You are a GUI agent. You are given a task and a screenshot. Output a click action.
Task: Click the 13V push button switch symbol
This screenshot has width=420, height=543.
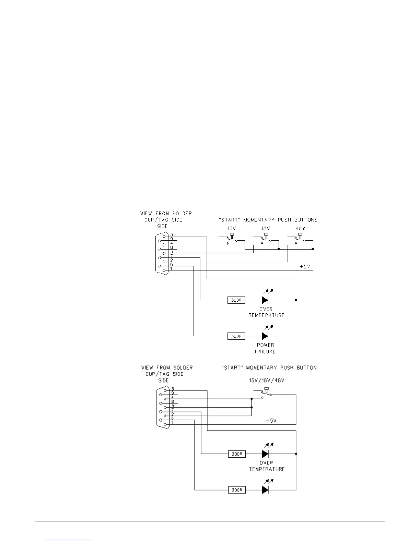pos(232,239)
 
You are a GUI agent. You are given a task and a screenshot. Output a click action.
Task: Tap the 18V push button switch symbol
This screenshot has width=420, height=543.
pos(266,239)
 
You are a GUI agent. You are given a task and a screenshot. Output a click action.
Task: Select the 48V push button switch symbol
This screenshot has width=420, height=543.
pos(300,239)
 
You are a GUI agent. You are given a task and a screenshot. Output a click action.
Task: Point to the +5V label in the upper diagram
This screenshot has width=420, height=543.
pos(305,266)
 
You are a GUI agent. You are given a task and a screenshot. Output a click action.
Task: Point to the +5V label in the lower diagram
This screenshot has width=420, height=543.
pos(271,420)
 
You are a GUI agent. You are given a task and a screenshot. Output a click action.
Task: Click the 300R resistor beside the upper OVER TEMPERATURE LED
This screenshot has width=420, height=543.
pos(236,300)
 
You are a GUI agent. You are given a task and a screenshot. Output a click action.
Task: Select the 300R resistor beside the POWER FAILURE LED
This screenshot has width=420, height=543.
pos(236,336)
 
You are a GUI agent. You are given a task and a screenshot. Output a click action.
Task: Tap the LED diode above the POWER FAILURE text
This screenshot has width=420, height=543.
pos(265,336)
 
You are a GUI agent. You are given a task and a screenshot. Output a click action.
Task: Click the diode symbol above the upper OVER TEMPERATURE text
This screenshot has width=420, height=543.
pos(265,300)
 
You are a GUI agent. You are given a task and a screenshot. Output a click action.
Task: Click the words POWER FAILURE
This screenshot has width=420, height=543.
pos(265,348)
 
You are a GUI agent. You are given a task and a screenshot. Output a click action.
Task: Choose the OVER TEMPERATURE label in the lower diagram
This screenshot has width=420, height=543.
pos(267,466)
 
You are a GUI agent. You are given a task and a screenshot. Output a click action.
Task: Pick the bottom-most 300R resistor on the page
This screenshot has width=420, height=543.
pos(237,490)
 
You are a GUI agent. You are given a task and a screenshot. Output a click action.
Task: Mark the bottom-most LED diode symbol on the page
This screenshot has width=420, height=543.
pos(265,490)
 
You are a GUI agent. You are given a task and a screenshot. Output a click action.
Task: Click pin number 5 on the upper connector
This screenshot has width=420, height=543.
pos(171,235)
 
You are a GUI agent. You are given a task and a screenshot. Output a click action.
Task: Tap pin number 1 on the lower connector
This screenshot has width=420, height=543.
pos(172,422)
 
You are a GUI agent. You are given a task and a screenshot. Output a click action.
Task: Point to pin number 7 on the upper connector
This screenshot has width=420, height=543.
pos(171,256)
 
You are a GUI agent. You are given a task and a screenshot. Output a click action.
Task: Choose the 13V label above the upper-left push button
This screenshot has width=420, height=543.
pos(231,228)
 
